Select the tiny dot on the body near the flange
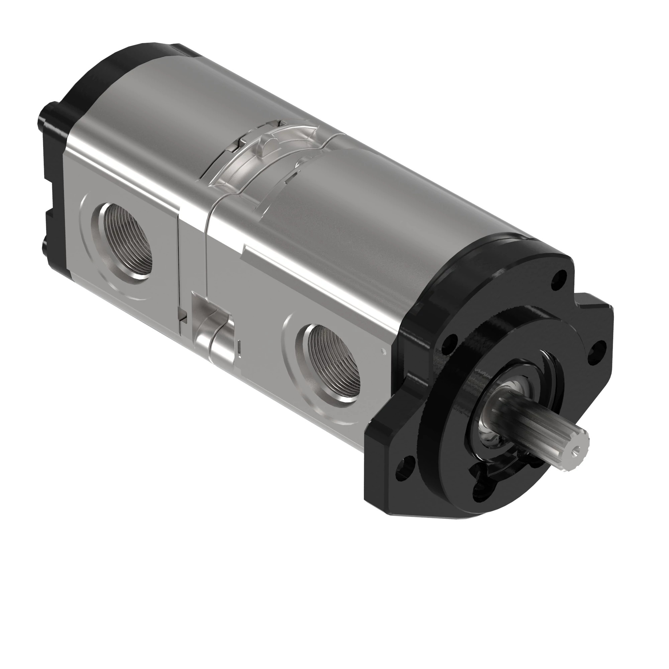click(x=382, y=351)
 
